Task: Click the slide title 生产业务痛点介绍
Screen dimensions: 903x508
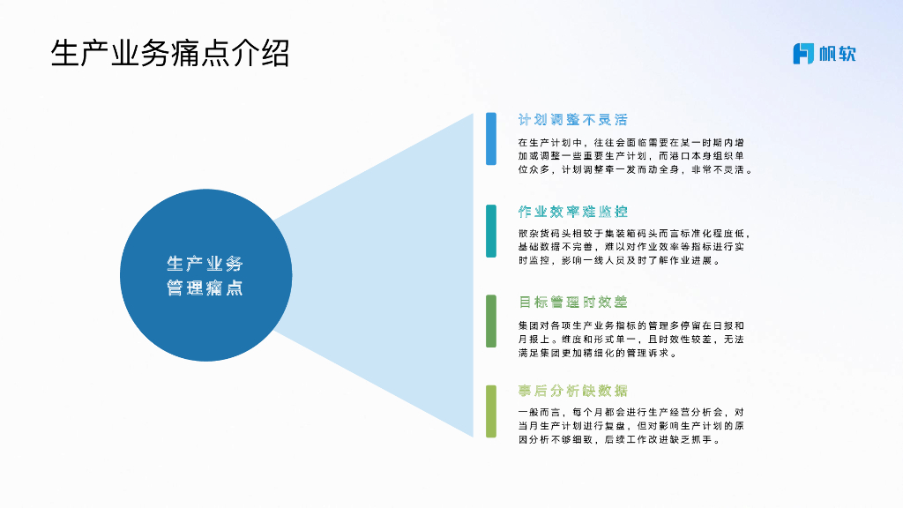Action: point(170,53)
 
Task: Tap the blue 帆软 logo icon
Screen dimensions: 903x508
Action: point(802,53)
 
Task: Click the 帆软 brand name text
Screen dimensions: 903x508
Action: point(837,53)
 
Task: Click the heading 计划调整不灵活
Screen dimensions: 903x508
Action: point(573,120)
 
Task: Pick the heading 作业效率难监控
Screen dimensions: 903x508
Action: point(573,212)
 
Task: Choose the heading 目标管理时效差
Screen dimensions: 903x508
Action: point(573,303)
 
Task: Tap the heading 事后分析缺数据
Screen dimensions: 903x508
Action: point(573,391)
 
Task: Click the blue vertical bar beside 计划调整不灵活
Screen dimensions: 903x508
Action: point(491,139)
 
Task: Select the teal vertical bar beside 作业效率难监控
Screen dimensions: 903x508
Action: point(491,231)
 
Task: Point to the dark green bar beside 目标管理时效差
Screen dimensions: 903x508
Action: point(491,321)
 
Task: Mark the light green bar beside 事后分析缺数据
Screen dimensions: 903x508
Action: point(491,411)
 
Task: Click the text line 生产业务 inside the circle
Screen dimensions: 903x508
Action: point(205,264)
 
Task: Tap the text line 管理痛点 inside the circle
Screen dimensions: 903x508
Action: point(205,288)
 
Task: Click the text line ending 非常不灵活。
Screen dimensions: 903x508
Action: point(635,169)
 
